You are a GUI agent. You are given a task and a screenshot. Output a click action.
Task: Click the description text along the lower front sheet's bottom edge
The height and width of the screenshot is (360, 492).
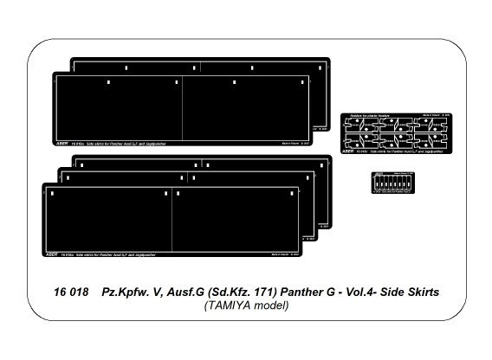point(100,257)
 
